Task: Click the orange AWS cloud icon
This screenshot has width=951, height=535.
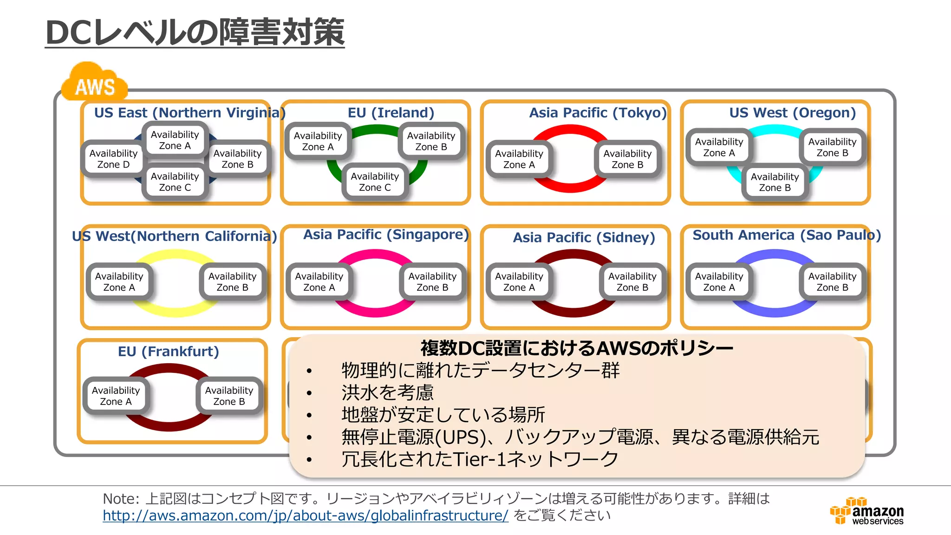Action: coord(95,84)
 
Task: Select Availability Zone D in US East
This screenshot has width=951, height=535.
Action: coord(113,159)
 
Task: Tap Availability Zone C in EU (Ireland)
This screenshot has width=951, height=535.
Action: coord(375,182)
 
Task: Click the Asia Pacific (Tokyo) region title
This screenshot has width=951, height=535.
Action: coord(598,113)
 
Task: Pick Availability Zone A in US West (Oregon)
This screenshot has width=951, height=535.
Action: coord(719,147)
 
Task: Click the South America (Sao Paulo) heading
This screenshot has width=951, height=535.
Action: coord(786,235)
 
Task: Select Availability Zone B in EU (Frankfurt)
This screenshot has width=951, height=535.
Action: coord(229,396)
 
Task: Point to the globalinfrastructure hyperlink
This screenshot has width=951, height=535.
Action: coord(306,515)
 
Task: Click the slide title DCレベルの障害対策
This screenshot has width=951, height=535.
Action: coord(195,33)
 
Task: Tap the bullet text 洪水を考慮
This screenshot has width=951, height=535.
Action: coord(387,392)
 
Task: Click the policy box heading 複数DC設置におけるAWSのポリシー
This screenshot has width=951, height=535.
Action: coord(576,348)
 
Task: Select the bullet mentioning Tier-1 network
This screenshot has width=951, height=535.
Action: coord(480,459)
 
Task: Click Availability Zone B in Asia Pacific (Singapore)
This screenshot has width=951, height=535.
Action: coord(432,281)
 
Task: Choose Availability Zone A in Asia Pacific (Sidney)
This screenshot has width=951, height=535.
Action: coord(519,281)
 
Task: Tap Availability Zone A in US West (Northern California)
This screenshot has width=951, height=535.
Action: coord(119,281)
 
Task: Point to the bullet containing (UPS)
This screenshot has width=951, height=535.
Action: coord(580,437)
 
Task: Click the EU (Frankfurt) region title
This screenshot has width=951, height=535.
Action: coord(168,352)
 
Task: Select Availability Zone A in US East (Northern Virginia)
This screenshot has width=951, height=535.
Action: coord(175,140)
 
